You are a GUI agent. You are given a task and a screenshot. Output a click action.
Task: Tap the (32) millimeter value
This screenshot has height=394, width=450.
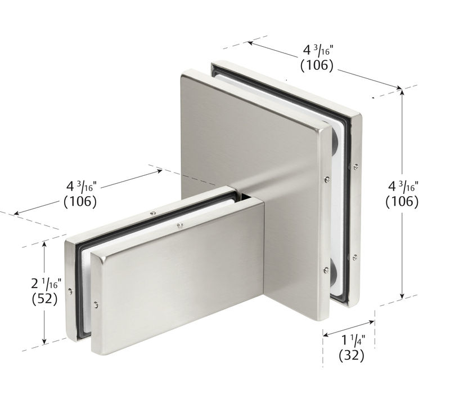[x=352, y=355]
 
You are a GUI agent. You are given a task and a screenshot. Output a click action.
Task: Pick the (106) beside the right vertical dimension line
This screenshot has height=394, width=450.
[x=402, y=201]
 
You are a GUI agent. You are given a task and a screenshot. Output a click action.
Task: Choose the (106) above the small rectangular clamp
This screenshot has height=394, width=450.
[x=80, y=200]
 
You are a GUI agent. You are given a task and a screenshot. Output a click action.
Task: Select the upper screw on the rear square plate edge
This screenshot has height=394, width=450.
[x=357, y=166]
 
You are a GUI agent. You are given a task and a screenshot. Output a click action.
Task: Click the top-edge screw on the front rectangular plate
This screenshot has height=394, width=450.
[x=179, y=226]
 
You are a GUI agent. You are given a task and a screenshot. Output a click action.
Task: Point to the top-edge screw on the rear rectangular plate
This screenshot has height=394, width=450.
[x=152, y=213]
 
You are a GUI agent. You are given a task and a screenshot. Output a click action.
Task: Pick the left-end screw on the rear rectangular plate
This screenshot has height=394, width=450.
[x=69, y=291]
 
